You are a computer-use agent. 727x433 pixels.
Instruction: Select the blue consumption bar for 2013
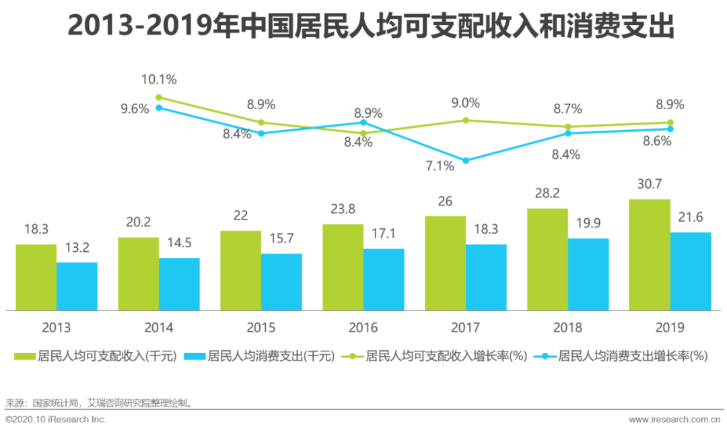77,286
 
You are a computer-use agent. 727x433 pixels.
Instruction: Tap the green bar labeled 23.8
343,267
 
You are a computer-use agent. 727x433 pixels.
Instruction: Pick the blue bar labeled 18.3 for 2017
486,277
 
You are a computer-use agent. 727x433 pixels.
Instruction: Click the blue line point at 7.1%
465,160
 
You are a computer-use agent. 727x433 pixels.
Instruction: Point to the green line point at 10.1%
159,97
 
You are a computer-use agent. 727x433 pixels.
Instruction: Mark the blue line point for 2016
363,123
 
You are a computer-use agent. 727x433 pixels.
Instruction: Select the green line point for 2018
567,127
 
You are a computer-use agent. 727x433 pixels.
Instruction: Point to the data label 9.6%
135,108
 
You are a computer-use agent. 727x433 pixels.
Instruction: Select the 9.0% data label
466,103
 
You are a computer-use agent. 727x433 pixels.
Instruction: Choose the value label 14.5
179,243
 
